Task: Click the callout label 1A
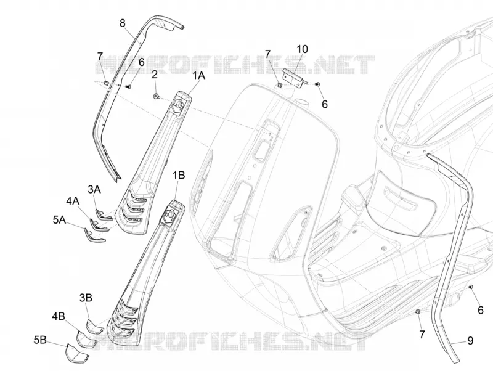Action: pyautogui.click(x=198, y=75)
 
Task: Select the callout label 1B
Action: pyautogui.click(x=179, y=176)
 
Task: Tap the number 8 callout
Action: pyautogui.click(x=122, y=23)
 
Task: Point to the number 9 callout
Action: pyautogui.click(x=470, y=341)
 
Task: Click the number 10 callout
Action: pyautogui.click(x=302, y=49)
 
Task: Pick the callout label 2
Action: pyautogui.click(x=155, y=75)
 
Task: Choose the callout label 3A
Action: pyautogui.click(x=94, y=189)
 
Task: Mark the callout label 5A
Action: pyautogui.click(x=59, y=220)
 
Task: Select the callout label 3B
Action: pyautogui.click(x=86, y=298)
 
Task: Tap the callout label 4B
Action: pyautogui.click(x=59, y=316)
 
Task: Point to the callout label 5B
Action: pyautogui.click(x=40, y=340)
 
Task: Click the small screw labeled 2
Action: pyautogui.click(x=156, y=97)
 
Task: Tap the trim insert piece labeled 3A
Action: pyautogui.click(x=103, y=214)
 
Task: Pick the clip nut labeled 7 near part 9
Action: pyautogui.click(x=418, y=311)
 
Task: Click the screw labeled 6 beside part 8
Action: pyautogui.click(x=128, y=86)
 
